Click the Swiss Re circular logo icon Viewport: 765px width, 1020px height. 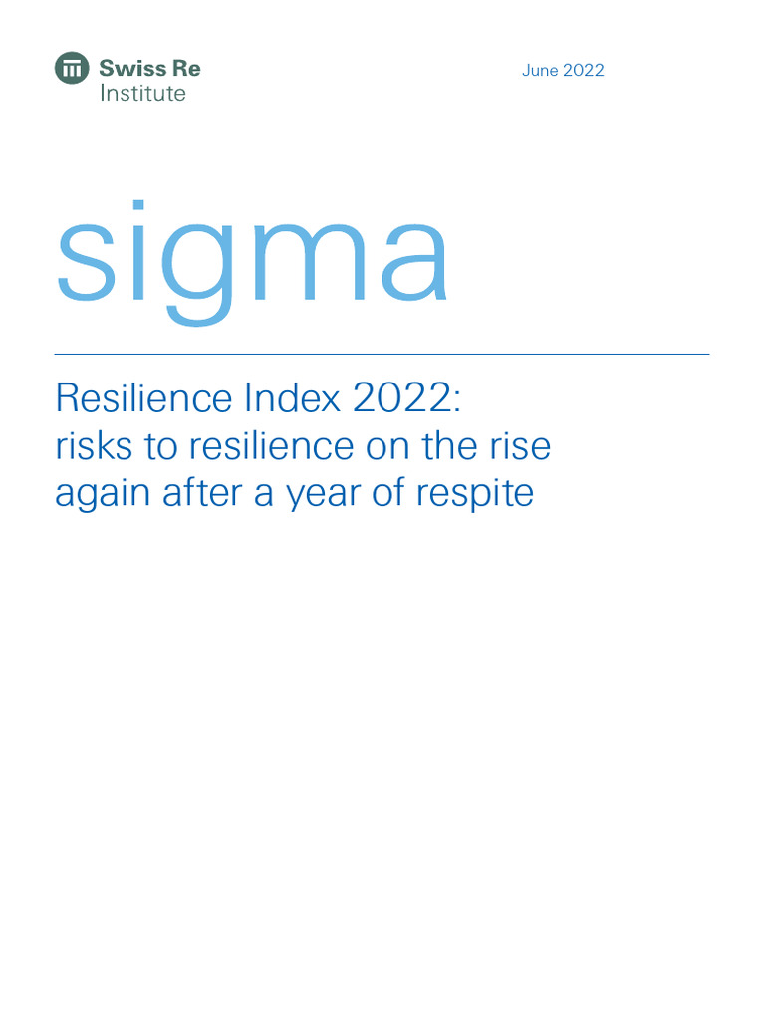tap(72, 69)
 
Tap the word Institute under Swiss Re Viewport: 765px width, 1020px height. tap(142, 94)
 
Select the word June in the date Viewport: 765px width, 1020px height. tap(540, 71)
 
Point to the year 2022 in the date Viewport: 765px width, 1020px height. tap(584, 71)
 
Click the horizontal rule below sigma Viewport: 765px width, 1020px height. tap(382, 354)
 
